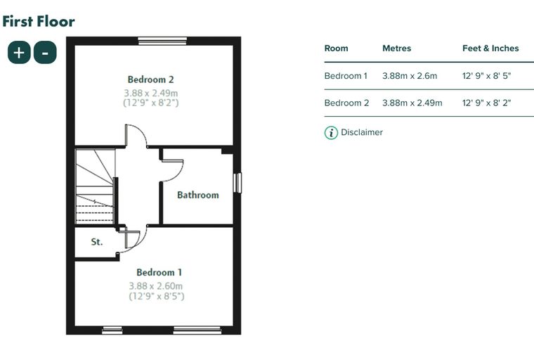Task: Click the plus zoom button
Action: coord(19,52)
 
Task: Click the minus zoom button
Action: coord(45,52)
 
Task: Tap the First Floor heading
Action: coord(39,21)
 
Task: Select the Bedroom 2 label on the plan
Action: coord(151,79)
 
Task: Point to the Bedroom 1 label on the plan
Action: coord(159,272)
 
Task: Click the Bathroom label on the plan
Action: coord(198,195)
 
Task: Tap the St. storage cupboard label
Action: coord(97,242)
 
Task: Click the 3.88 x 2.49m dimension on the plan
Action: coord(151,93)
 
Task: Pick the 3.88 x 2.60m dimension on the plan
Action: coord(156,286)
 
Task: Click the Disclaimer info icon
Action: coord(331,133)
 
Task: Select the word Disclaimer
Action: coord(362,132)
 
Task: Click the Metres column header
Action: coord(397,49)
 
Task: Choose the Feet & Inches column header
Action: coord(490,49)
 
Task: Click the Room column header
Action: coord(336,49)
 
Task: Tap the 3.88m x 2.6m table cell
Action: coord(410,76)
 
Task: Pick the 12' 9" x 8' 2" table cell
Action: coord(487,103)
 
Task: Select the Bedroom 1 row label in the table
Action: coord(346,76)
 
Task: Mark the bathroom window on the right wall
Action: coord(237,183)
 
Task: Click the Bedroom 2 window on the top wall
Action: coord(162,41)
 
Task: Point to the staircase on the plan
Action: coord(95,186)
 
